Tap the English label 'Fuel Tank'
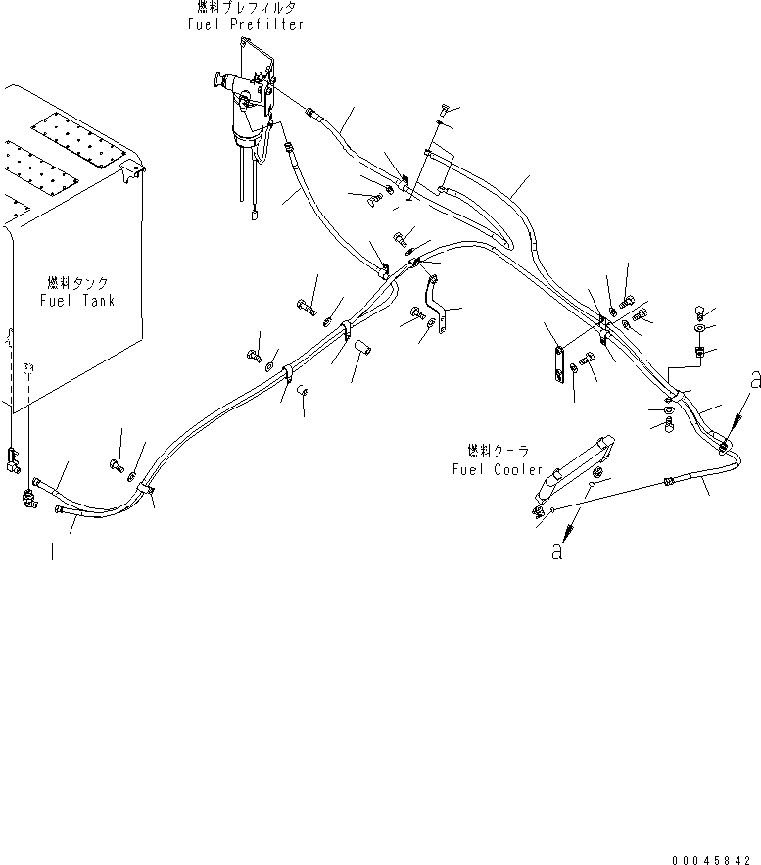77,300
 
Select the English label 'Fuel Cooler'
498,469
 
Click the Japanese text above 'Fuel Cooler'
499,451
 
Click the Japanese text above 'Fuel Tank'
78,281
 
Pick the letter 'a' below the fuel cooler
557,552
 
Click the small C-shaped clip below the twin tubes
303,394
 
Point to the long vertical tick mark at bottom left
51,553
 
